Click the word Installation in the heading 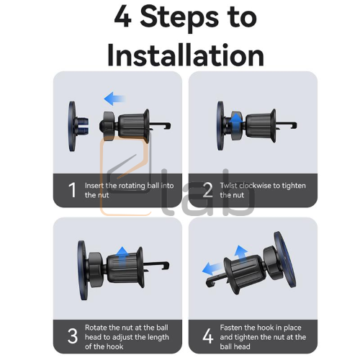click(x=186, y=55)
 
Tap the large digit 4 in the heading click(x=123, y=17)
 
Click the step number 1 click(x=72, y=190)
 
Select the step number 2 click(x=207, y=190)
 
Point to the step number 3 click(x=73, y=336)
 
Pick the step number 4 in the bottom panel click(x=208, y=336)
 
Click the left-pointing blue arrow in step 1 click(x=114, y=99)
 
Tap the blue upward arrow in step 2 click(x=236, y=122)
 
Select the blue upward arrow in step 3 click(x=123, y=256)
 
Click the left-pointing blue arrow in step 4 click(x=212, y=269)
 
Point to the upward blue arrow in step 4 click(x=241, y=254)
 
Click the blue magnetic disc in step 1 click(x=72, y=126)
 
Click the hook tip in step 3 click(x=167, y=265)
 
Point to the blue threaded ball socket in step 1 click(x=82, y=126)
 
